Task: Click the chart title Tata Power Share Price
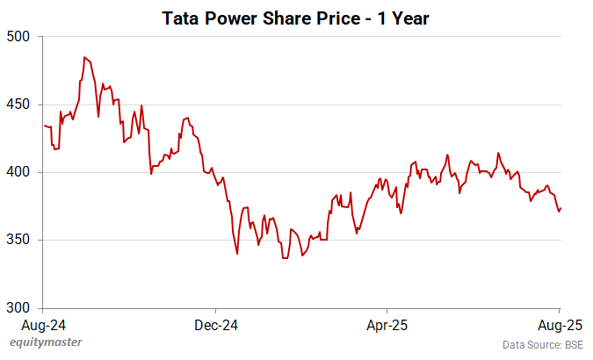[x=295, y=18]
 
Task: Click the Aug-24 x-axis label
[x=43, y=322]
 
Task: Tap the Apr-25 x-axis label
[x=387, y=322]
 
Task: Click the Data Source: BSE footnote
[x=542, y=344]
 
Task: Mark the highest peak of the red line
[x=84, y=57]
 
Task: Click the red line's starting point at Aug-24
[x=44, y=126]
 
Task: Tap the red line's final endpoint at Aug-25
[x=560, y=208]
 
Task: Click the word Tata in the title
[x=181, y=18]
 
